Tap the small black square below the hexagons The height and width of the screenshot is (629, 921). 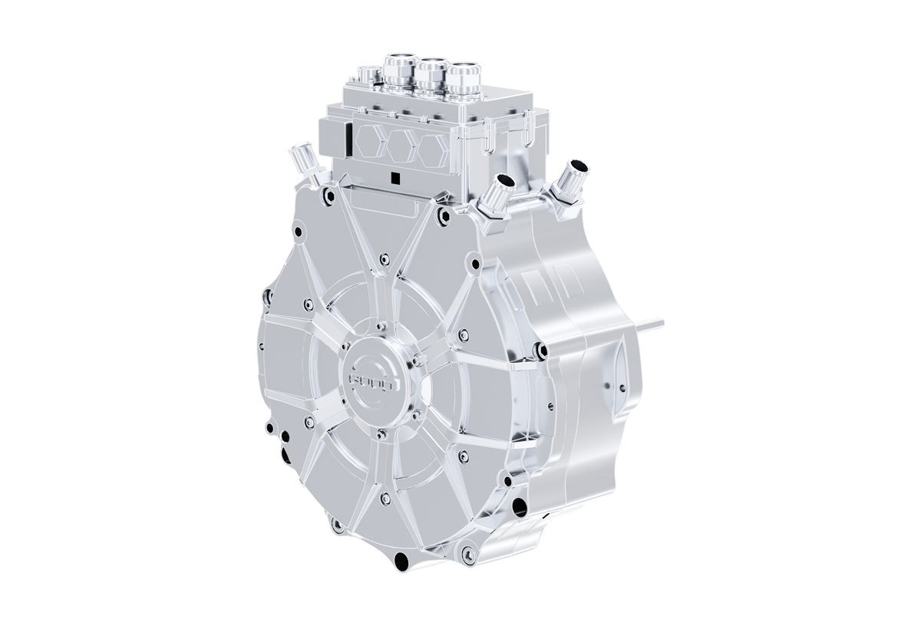pos(394,179)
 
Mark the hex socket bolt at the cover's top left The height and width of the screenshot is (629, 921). pos(328,196)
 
